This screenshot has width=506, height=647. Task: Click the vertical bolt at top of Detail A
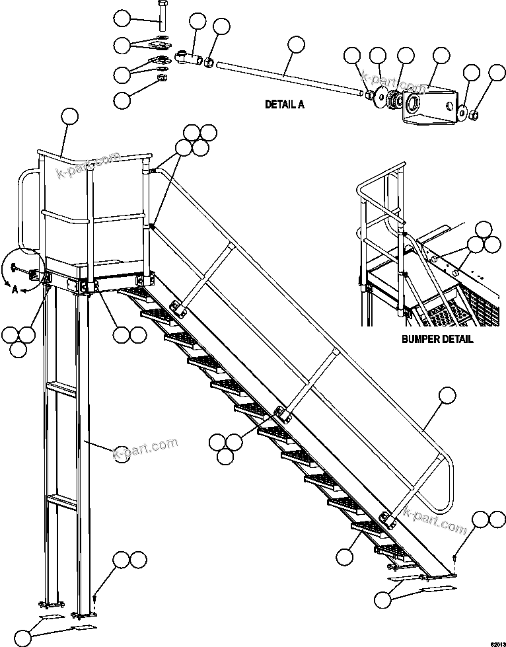(163, 17)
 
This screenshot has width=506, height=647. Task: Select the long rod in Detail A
(291, 77)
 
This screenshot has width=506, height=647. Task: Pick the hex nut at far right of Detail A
(474, 115)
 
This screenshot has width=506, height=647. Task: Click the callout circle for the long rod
(296, 46)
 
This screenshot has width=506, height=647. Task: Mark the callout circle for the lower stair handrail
(447, 397)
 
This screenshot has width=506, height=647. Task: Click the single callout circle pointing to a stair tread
(343, 557)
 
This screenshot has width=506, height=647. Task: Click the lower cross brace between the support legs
(61, 500)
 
